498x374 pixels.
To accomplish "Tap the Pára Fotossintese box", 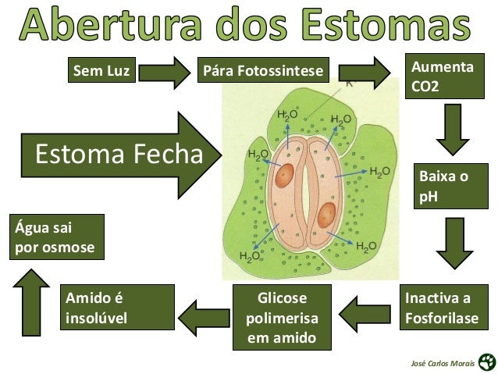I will tap(261, 72).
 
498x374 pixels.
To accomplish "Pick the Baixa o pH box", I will tap(450, 187).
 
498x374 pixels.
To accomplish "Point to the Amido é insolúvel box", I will tap(119, 308).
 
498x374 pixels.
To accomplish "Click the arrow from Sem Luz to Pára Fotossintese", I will tap(169, 73).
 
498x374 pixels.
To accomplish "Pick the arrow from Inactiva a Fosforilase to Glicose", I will tap(366, 314).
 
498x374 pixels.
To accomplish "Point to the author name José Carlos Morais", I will tap(442, 363).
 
